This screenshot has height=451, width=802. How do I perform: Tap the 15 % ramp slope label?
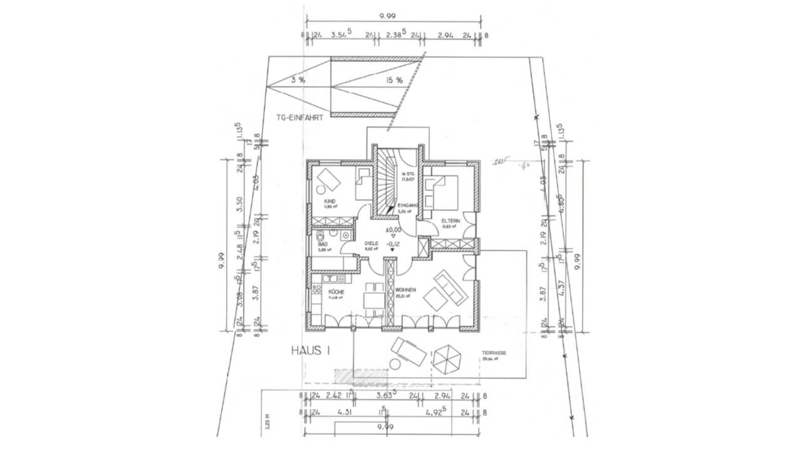click(393, 80)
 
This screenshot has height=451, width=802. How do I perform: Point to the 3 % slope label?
click(298, 80)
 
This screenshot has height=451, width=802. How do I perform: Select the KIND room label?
click(330, 200)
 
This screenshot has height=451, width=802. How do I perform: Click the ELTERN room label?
click(450, 221)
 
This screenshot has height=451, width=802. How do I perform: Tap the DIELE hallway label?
click(372, 244)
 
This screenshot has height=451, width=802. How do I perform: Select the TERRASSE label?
click(494, 353)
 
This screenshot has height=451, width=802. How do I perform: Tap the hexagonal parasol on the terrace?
click(447, 359)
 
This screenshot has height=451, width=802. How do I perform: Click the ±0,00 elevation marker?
click(393, 230)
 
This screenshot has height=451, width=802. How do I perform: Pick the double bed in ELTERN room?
click(443, 191)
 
